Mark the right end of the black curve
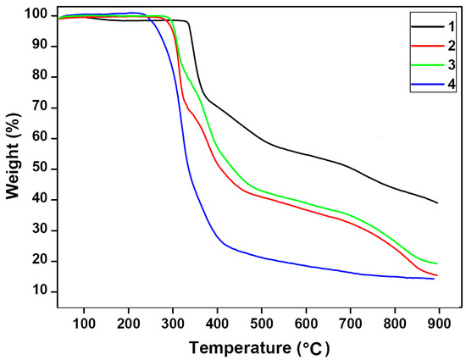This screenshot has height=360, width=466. (x=437, y=202)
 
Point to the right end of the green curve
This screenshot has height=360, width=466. (x=437, y=263)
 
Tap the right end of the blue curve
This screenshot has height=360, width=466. (x=434, y=278)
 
